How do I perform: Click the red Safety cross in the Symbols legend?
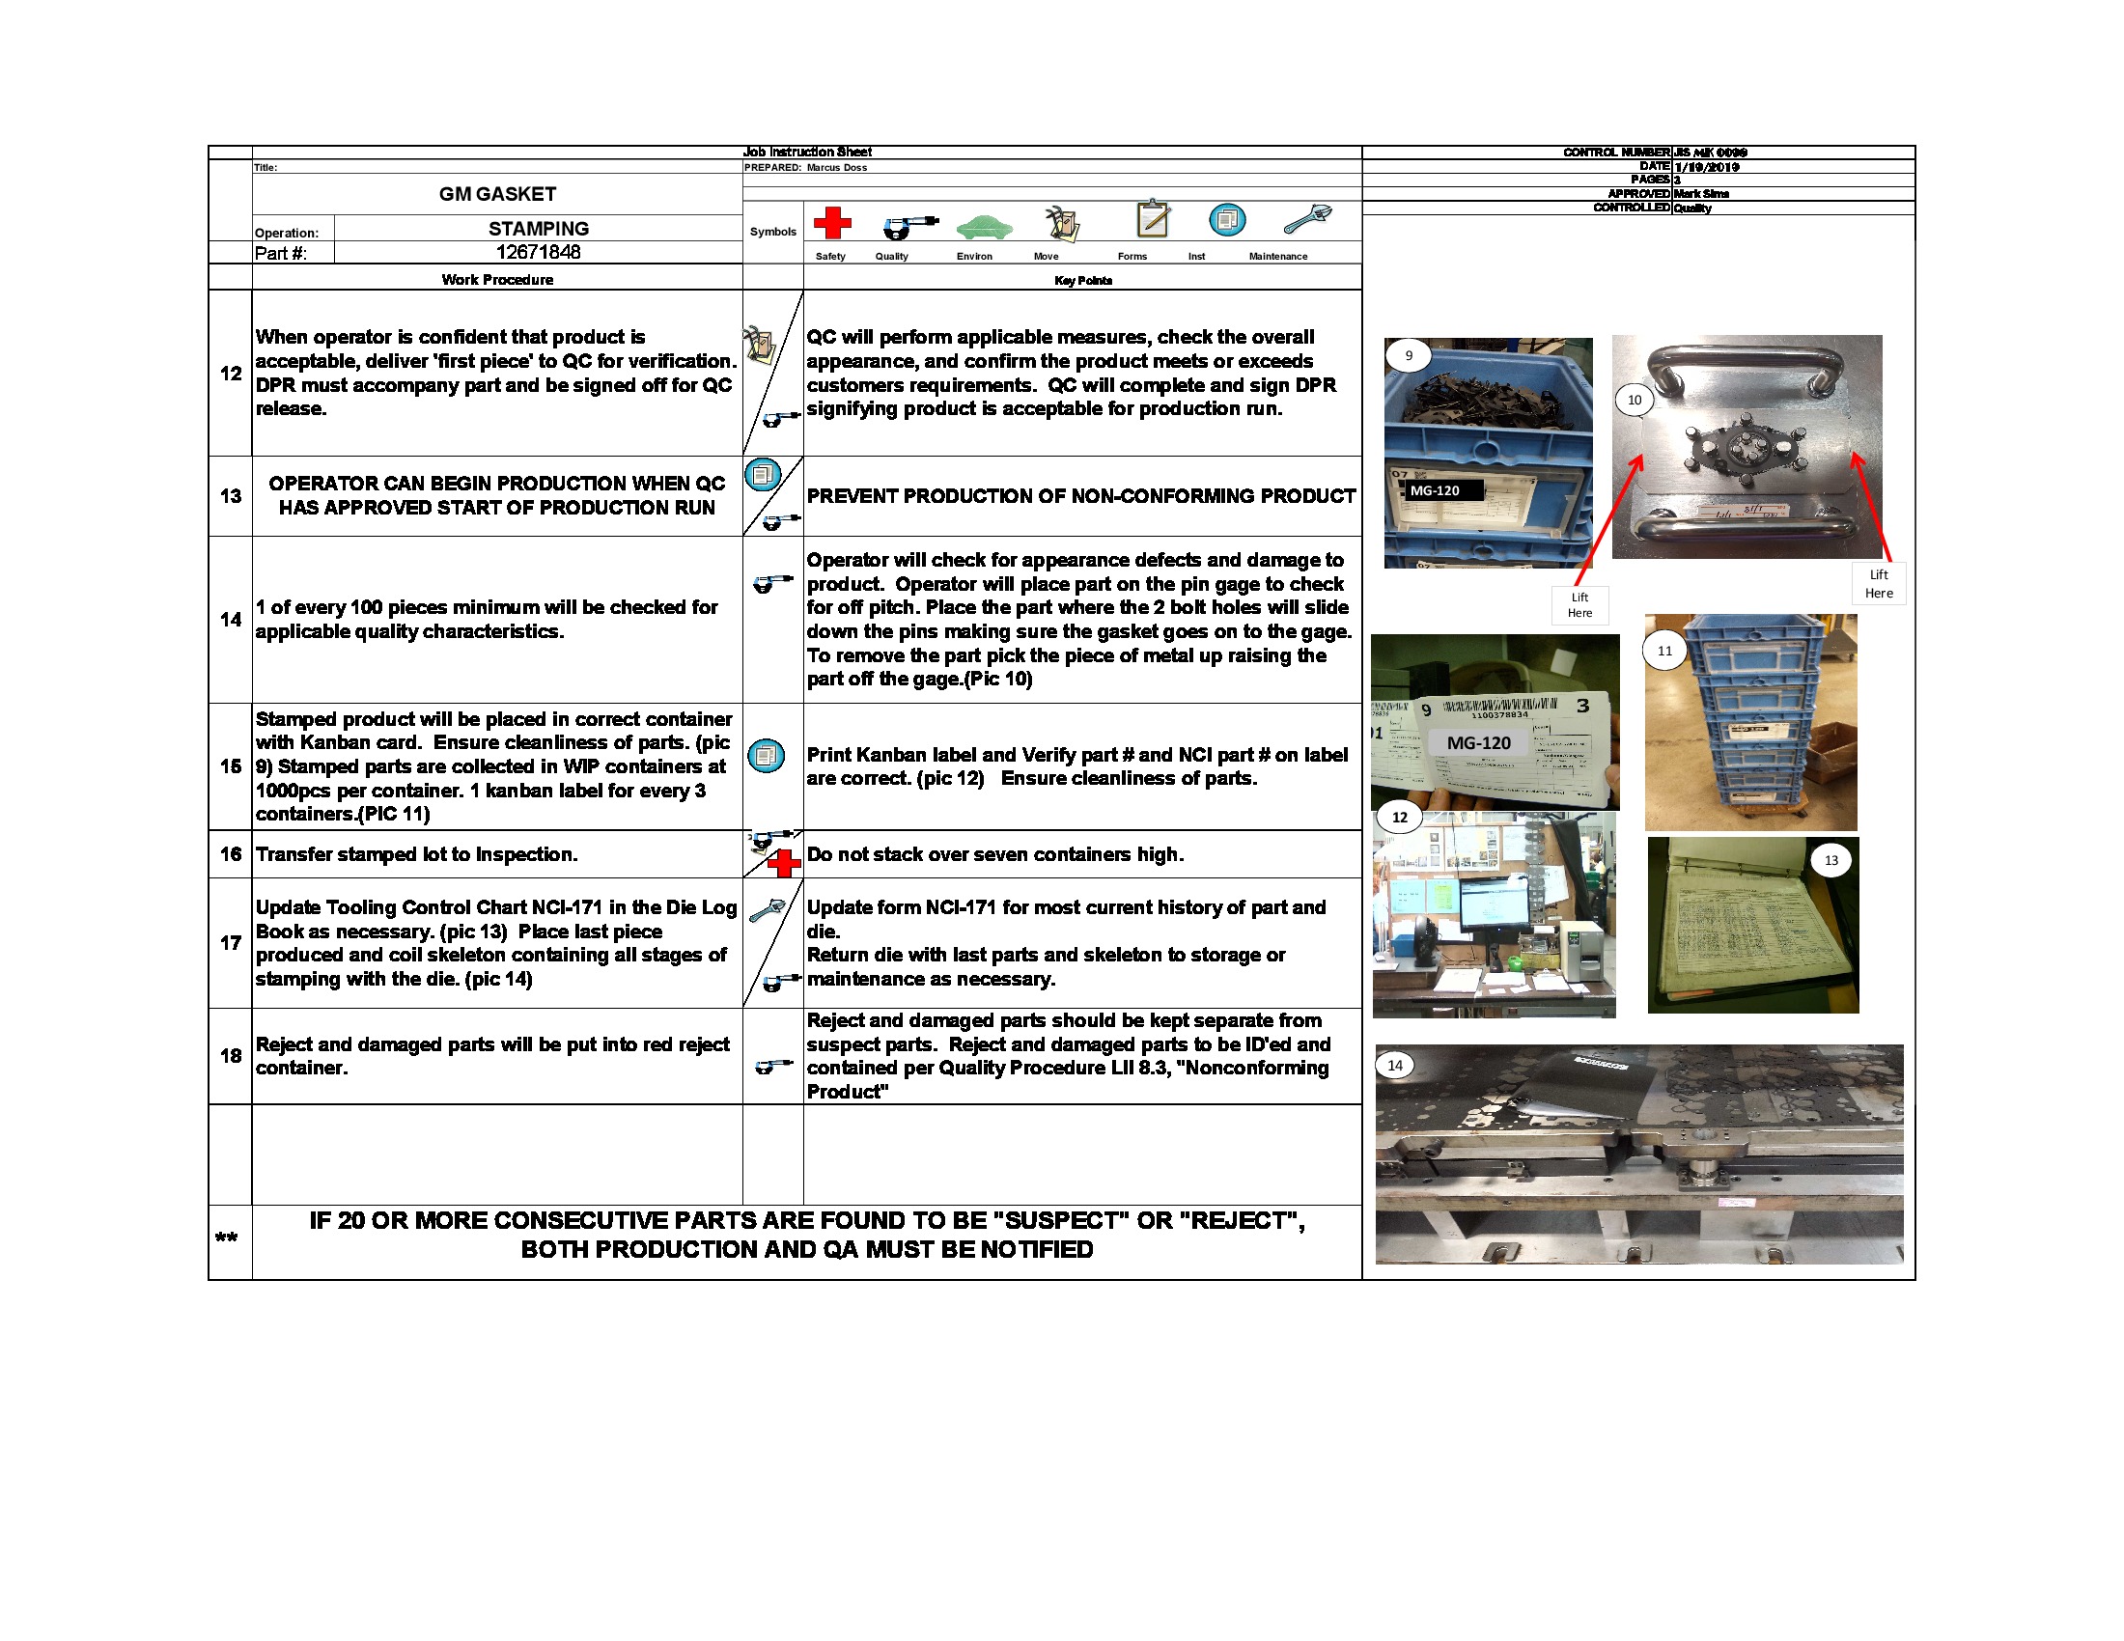click(831, 223)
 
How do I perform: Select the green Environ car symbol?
click(983, 227)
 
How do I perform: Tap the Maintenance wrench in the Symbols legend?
click(1306, 220)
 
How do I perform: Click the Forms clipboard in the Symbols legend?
click(1153, 219)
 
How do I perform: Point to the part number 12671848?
click(538, 252)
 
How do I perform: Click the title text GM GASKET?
click(497, 193)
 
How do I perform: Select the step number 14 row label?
click(231, 620)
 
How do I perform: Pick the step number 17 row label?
click(231, 943)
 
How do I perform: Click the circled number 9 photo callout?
click(1409, 356)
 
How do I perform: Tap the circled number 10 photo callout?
click(1634, 400)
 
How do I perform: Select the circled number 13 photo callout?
click(1831, 860)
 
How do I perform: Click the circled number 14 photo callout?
click(1395, 1066)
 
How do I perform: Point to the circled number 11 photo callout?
click(1665, 651)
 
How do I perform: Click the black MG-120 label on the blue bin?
click(1436, 491)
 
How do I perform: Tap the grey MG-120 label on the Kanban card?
click(1478, 742)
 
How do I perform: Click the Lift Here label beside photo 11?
click(1579, 604)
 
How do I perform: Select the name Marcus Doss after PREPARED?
click(836, 167)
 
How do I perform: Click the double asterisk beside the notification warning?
click(227, 1238)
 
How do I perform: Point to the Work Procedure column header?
click(497, 280)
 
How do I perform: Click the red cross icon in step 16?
click(783, 862)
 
